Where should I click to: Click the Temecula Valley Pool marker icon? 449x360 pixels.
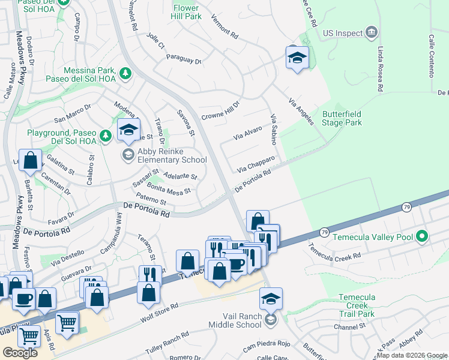click(421, 236)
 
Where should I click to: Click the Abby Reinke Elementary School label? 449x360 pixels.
click(164, 155)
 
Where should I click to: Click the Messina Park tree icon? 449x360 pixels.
click(125, 74)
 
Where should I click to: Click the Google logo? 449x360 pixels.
click(20, 352)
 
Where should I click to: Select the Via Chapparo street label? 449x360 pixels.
click(256, 163)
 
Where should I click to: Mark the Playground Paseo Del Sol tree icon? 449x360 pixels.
click(106, 136)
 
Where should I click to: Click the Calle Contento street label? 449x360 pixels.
click(431, 56)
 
